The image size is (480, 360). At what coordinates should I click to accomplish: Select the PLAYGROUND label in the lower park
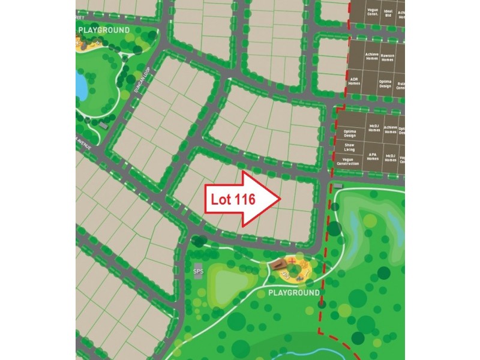coord(294,293)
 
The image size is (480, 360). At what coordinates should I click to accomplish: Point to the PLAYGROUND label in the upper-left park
coord(104,29)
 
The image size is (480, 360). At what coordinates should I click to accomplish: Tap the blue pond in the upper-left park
coord(81,86)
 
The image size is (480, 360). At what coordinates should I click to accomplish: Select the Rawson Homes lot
coord(388,58)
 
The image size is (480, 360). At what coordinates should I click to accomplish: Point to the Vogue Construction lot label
coord(348,161)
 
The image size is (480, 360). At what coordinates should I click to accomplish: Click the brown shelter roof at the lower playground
coord(277,265)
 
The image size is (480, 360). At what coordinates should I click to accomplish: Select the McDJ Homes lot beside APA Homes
coord(391,158)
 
